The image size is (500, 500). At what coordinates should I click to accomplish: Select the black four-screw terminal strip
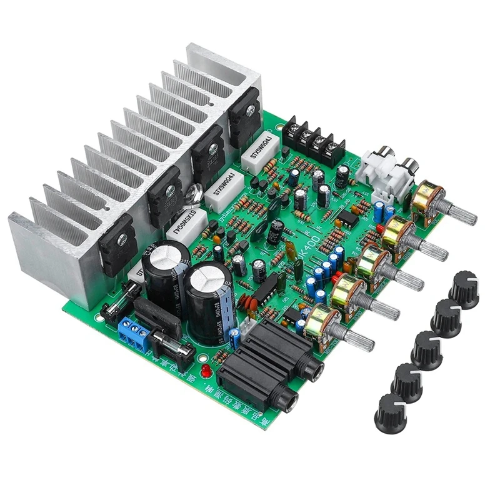(x=312, y=141)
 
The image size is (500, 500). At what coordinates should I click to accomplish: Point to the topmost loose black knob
(x=464, y=290)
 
